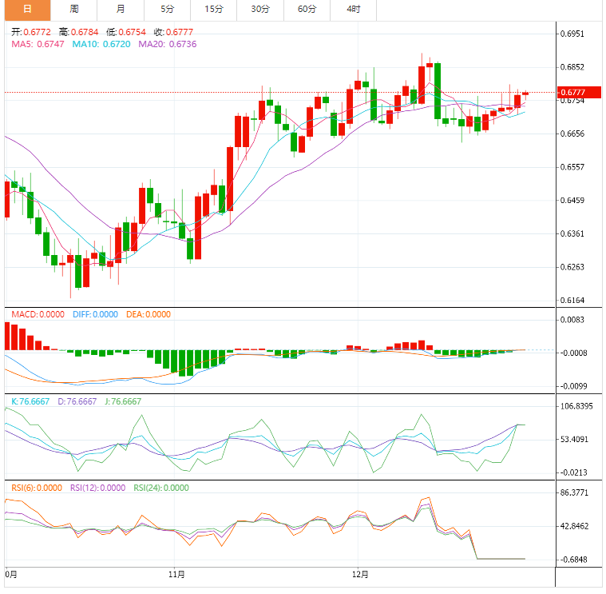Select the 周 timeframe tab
coord(73,10)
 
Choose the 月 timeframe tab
coord(120,10)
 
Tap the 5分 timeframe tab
coord(167,10)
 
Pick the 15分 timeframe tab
coord(213,10)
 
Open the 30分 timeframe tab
coord(260,10)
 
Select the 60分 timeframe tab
coord(307,10)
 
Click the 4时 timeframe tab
coord(354,10)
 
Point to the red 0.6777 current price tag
coord(576,93)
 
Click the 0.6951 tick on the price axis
coord(576,34)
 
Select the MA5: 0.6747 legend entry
coord(38,44)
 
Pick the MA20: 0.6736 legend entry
coord(167,44)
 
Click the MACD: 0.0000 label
coord(38,314)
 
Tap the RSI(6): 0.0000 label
coord(37,487)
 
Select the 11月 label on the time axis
coord(178,574)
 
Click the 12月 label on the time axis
coord(360,574)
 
